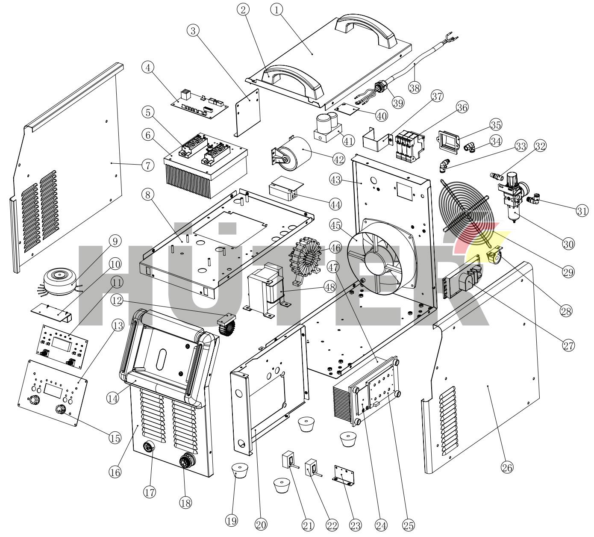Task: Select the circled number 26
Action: click(507, 467)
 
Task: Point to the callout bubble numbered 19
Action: click(233, 521)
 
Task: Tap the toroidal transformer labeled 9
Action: click(61, 278)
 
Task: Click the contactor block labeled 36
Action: click(408, 146)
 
